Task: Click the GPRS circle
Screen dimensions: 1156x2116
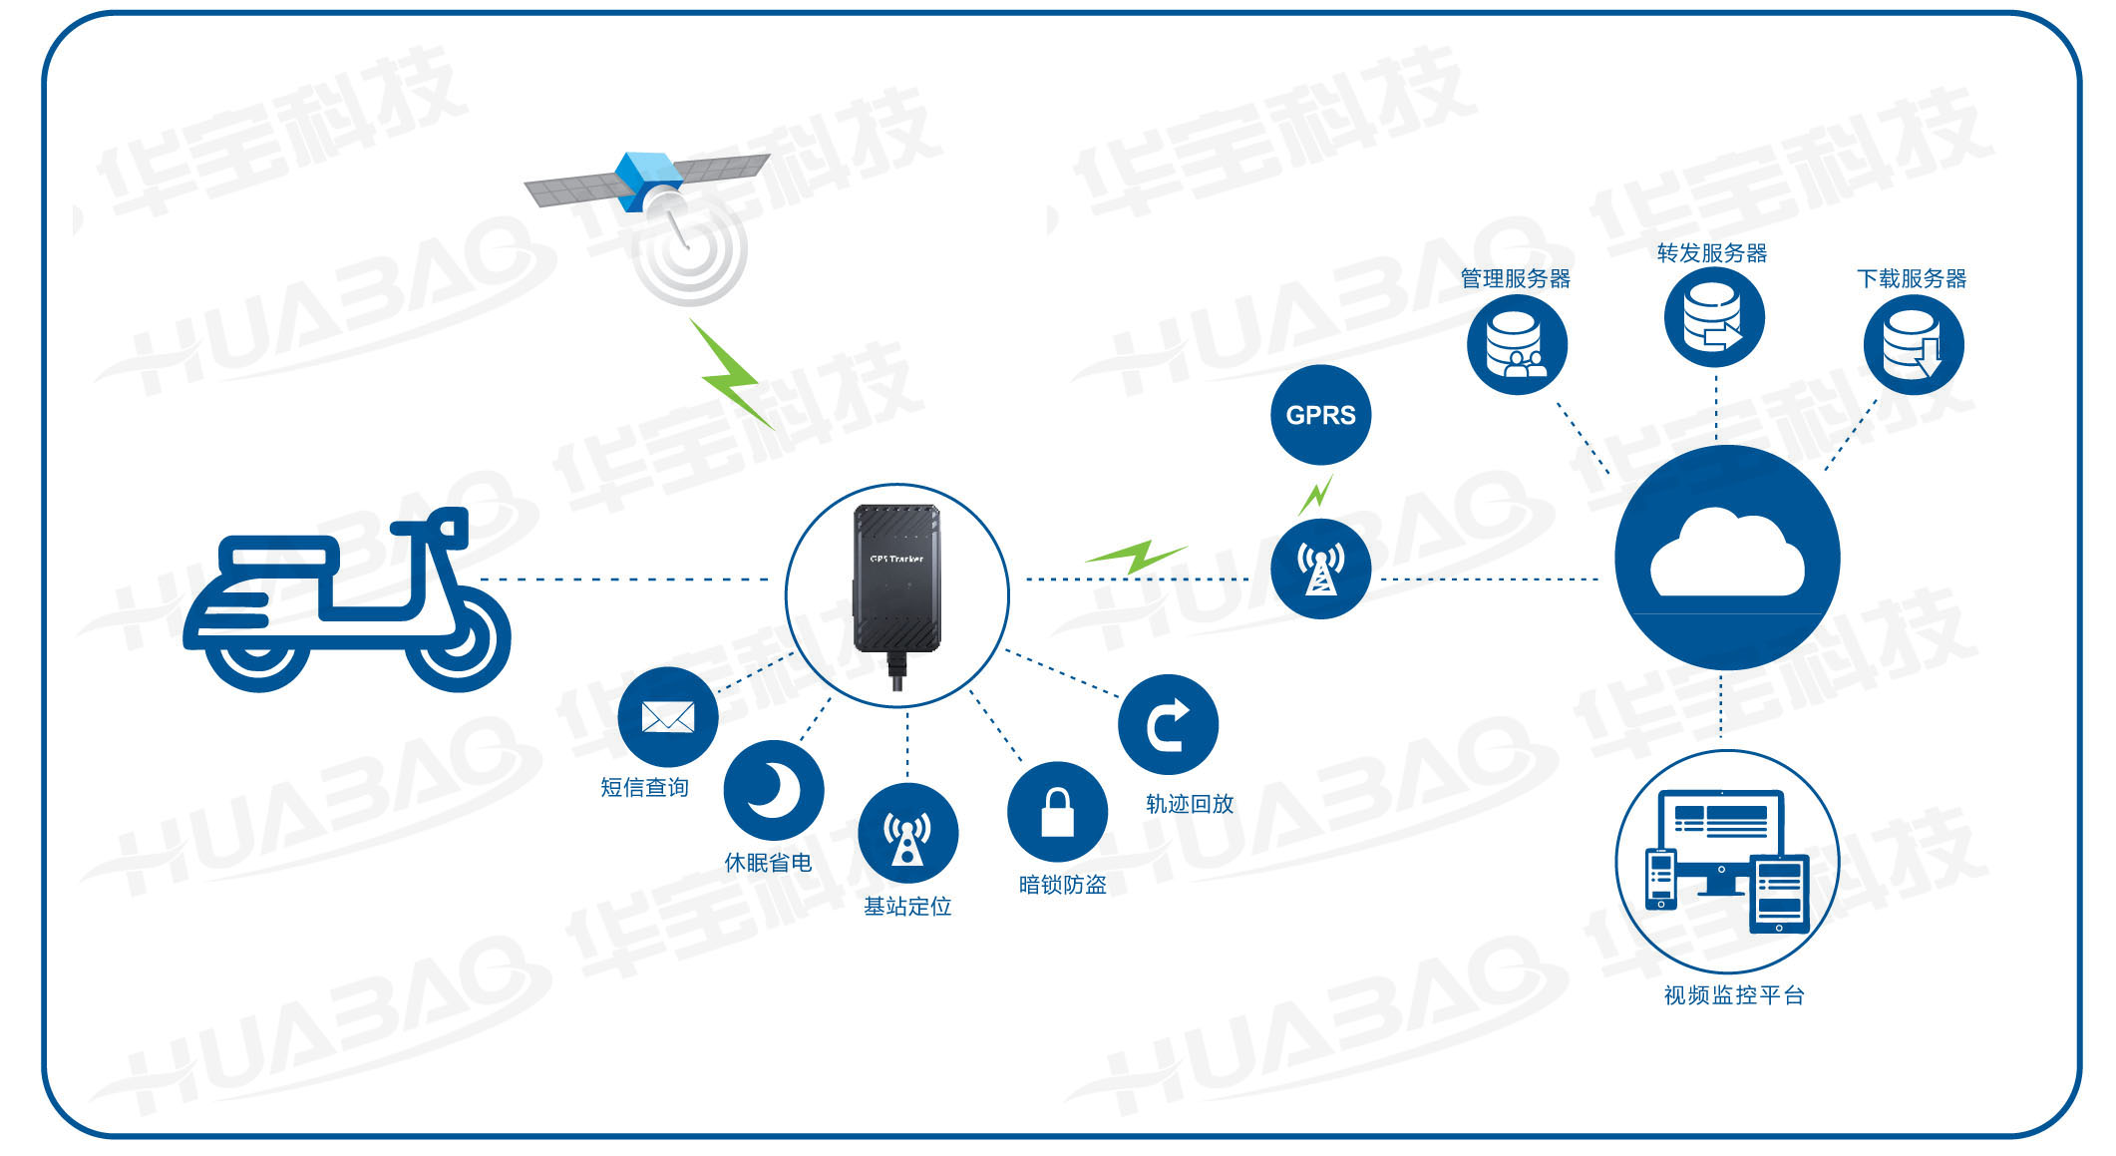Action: tap(1320, 415)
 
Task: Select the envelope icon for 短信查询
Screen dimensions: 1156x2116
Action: tap(667, 717)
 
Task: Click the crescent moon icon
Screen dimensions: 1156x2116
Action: tap(774, 789)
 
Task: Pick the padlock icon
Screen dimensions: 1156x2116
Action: tap(1057, 812)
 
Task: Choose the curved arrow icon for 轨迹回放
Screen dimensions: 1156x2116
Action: tap(1168, 725)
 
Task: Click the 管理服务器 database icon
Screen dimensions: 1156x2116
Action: tap(1516, 344)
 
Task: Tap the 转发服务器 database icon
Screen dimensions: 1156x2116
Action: tap(1714, 318)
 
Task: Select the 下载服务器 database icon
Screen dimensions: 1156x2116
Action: tap(1913, 345)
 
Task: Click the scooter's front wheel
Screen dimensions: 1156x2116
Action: tap(458, 639)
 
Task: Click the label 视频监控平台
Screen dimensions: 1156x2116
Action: tap(1733, 995)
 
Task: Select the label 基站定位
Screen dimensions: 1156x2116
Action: tap(907, 906)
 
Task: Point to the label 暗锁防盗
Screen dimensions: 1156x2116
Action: tap(1062, 885)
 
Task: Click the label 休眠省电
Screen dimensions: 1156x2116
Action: tap(768, 863)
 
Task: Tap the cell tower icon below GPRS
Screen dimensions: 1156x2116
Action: tap(1320, 569)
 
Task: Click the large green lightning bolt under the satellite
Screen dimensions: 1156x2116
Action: tap(734, 374)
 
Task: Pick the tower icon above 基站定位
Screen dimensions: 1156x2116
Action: tap(907, 834)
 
